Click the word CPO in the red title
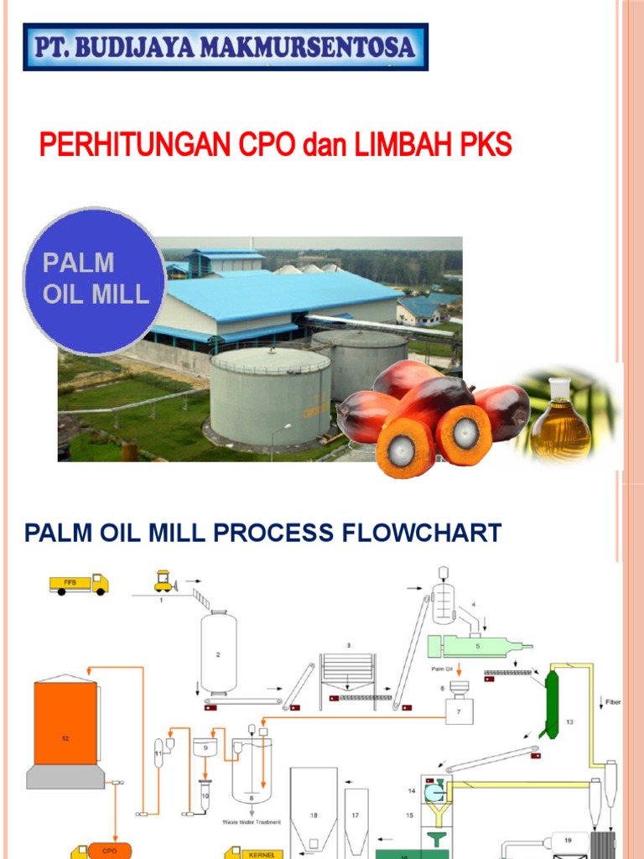coord(267,146)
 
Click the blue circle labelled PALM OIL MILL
coord(95,280)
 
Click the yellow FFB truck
coord(79,584)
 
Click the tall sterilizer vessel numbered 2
coord(218,652)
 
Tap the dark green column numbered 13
coord(551,703)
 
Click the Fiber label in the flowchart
coord(612,701)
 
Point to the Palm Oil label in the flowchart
coord(443,669)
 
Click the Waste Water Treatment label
coord(251,822)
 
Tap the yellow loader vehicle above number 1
coord(164,580)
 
